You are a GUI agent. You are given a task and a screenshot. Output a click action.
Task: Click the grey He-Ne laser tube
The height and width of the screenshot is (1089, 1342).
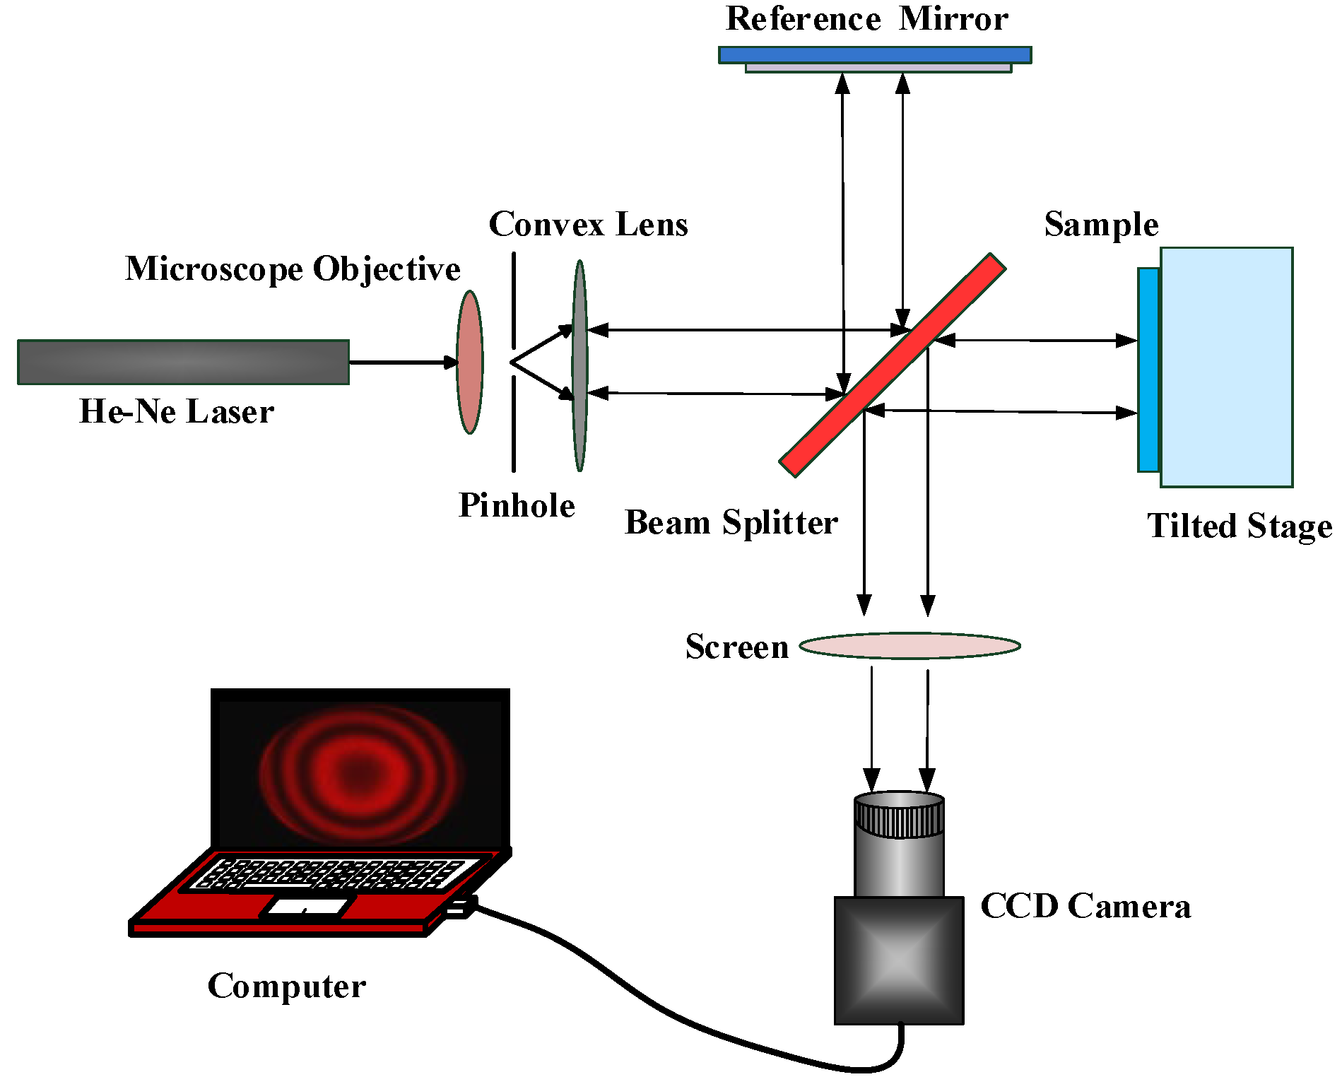pyautogui.click(x=183, y=362)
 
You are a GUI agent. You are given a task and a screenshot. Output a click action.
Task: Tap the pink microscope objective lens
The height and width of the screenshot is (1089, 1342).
pyautogui.click(x=469, y=362)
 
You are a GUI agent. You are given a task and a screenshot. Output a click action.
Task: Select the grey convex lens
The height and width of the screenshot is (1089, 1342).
pyautogui.click(x=579, y=365)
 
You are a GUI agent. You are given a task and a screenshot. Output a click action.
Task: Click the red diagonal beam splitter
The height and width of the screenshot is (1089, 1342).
pyautogui.click(x=892, y=365)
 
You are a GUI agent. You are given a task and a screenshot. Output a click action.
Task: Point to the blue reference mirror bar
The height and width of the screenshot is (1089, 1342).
pyautogui.click(x=874, y=54)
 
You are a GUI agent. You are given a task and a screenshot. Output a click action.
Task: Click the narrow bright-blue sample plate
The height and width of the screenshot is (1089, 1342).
pyautogui.click(x=1148, y=370)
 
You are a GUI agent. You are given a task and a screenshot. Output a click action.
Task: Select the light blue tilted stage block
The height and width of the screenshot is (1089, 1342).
pyautogui.click(x=1226, y=367)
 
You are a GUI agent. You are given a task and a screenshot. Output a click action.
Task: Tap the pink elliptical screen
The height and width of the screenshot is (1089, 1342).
pyautogui.click(x=910, y=645)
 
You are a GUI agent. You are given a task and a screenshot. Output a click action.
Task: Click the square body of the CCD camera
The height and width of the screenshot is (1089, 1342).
pyautogui.click(x=898, y=960)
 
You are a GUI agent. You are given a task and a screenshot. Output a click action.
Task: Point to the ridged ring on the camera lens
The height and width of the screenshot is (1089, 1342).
pyautogui.click(x=898, y=818)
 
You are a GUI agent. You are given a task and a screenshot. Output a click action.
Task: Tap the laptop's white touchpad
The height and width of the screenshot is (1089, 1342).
pyautogui.click(x=308, y=906)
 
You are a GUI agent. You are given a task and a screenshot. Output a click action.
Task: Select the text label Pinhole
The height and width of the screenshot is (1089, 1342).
pyautogui.click(x=517, y=505)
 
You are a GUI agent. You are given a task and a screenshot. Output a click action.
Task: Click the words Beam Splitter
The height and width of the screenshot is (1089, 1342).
pyautogui.click(x=731, y=522)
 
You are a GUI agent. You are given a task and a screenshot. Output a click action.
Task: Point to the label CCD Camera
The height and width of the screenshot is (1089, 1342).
pyautogui.click(x=1085, y=906)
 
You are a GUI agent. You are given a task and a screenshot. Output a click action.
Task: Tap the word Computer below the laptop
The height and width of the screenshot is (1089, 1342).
pyautogui.click(x=286, y=985)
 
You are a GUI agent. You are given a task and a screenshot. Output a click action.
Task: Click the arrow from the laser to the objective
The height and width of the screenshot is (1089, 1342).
pyautogui.click(x=403, y=362)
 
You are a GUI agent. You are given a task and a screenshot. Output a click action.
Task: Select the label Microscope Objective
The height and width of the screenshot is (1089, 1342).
pyautogui.click(x=293, y=269)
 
